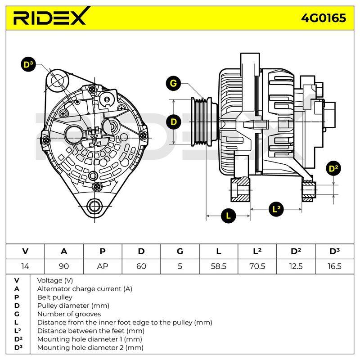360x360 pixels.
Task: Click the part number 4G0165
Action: (324, 18)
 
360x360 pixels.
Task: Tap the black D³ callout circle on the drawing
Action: (28, 64)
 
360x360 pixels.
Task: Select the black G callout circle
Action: (173, 83)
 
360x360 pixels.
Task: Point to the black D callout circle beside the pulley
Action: (174, 121)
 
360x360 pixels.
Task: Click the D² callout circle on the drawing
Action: (333, 168)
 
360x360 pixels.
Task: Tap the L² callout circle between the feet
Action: (276, 209)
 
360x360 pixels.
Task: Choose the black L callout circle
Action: (228, 216)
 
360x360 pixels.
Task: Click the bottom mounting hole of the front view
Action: (94, 206)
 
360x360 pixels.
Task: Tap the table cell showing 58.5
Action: (219, 266)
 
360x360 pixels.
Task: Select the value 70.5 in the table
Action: (257, 266)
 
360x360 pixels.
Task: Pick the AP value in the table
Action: (103, 266)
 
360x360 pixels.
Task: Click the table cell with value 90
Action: (64, 266)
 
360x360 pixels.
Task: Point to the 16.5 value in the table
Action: (334, 266)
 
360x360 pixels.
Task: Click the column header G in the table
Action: (180, 252)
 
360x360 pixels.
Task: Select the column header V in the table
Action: (25, 252)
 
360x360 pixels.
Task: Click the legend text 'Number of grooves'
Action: (69, 314)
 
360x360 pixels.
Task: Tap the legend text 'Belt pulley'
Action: (54, 297)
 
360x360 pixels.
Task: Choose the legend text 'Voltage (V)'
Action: (55, 280)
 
